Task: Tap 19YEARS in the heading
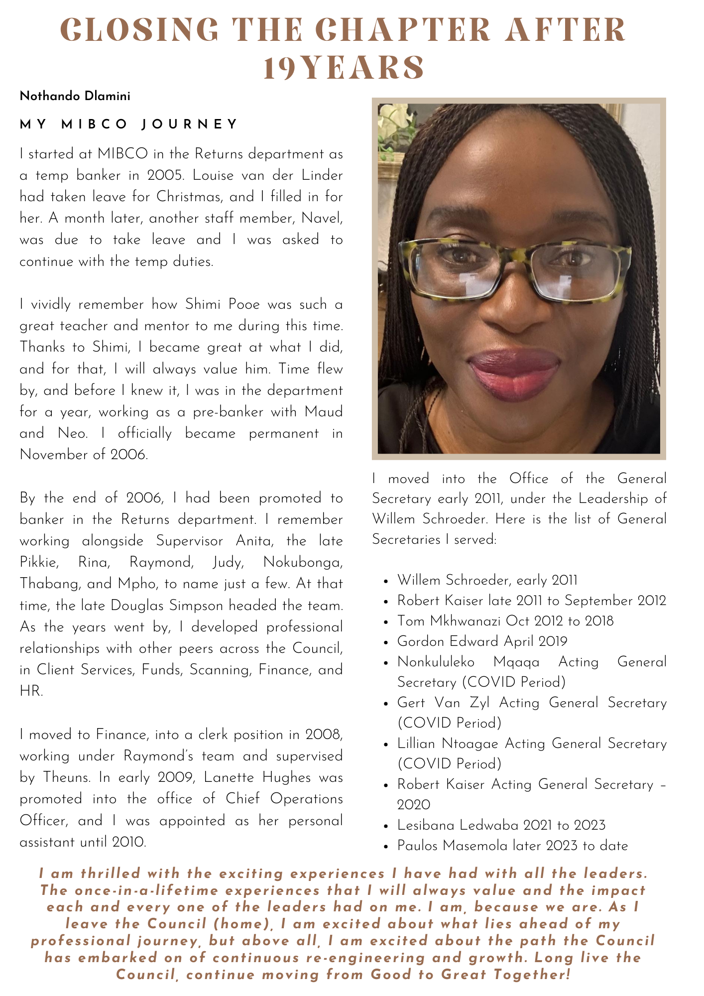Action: click(x=344, y=68)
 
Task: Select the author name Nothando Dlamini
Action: click(x=75, y=96)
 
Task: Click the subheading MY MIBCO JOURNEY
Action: click(x=129, y=124)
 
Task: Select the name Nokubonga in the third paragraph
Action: click(x=302, y=562)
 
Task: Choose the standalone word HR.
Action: click(x=30, y=691)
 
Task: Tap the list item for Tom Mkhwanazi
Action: click(x=505, y=621)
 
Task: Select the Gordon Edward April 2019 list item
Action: click(x=482, y=641)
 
